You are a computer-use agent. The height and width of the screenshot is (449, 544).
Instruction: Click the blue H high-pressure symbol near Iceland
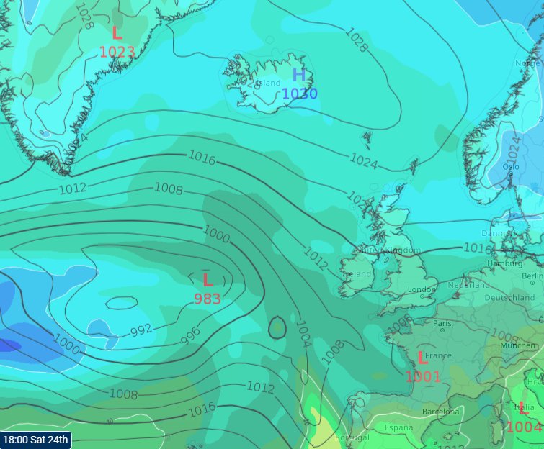click(299, 75)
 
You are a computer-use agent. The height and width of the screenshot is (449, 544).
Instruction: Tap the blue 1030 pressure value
click(299, 94)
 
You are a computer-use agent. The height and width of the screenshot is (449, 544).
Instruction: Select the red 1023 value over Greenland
click(117, 52)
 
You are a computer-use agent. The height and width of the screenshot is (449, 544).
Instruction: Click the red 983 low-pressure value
click(208, 299)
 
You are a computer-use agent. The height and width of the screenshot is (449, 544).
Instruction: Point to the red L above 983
click(208, 280)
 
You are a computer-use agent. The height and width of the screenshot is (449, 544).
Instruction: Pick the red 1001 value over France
click(423, 376)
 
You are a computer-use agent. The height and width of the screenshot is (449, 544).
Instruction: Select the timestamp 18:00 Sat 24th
click(35, 439)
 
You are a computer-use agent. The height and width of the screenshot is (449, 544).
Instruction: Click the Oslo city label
click(511, 166)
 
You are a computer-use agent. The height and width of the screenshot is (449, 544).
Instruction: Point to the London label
click(422, 290)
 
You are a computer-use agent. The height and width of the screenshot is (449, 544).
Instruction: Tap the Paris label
click(442, 323)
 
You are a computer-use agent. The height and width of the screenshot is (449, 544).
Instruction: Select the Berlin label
click(532, 276)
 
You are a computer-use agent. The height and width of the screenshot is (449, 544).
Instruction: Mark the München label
click(519, 345)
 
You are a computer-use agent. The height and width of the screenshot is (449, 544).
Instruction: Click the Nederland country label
click(469, 285)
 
